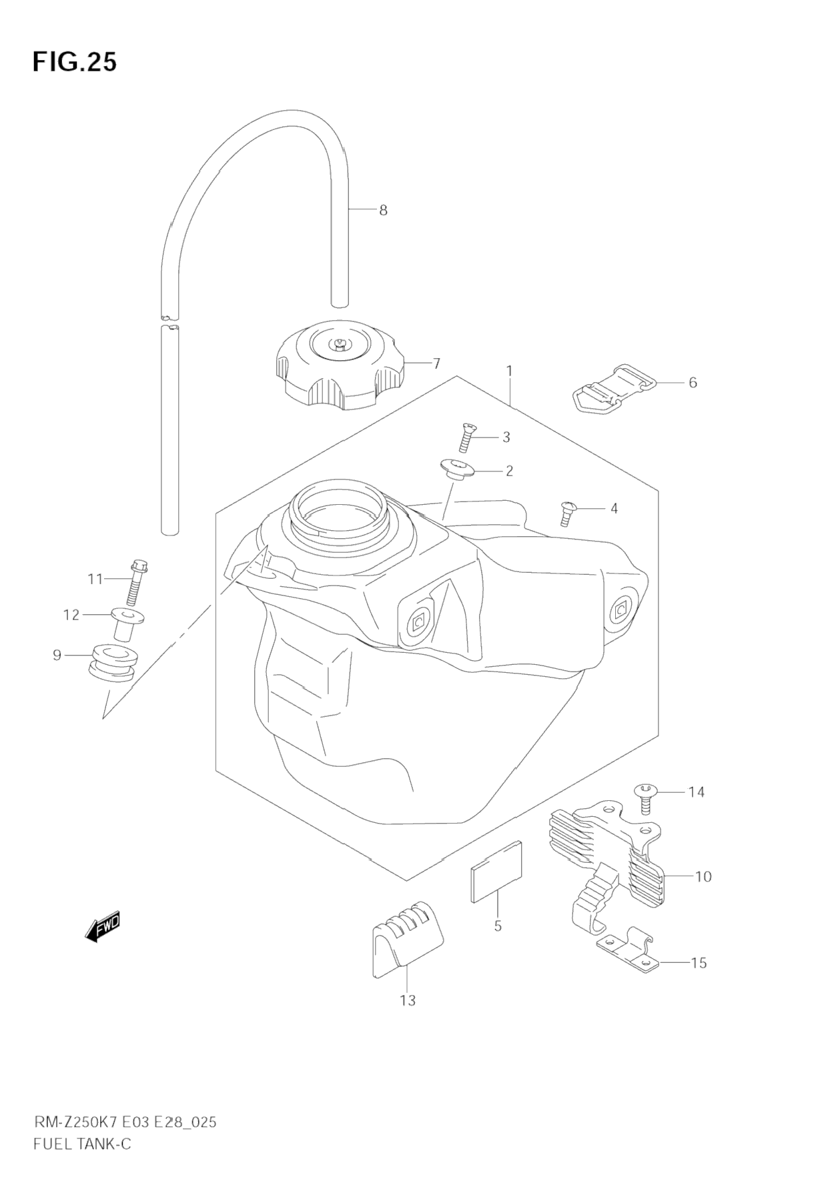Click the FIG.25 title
[x=74, y=61]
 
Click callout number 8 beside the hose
[x=383, y=210]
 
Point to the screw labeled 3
[x=468, y=437]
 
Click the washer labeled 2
[x=456, y=469]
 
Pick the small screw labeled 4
[x=567, y=512]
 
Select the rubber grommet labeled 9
[x=112, y=660]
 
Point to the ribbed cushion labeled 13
[x=404, y=938]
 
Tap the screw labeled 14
[x=645, y=797]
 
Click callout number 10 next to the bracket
[x=703, y=876]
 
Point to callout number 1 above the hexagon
[x=509, y=371]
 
